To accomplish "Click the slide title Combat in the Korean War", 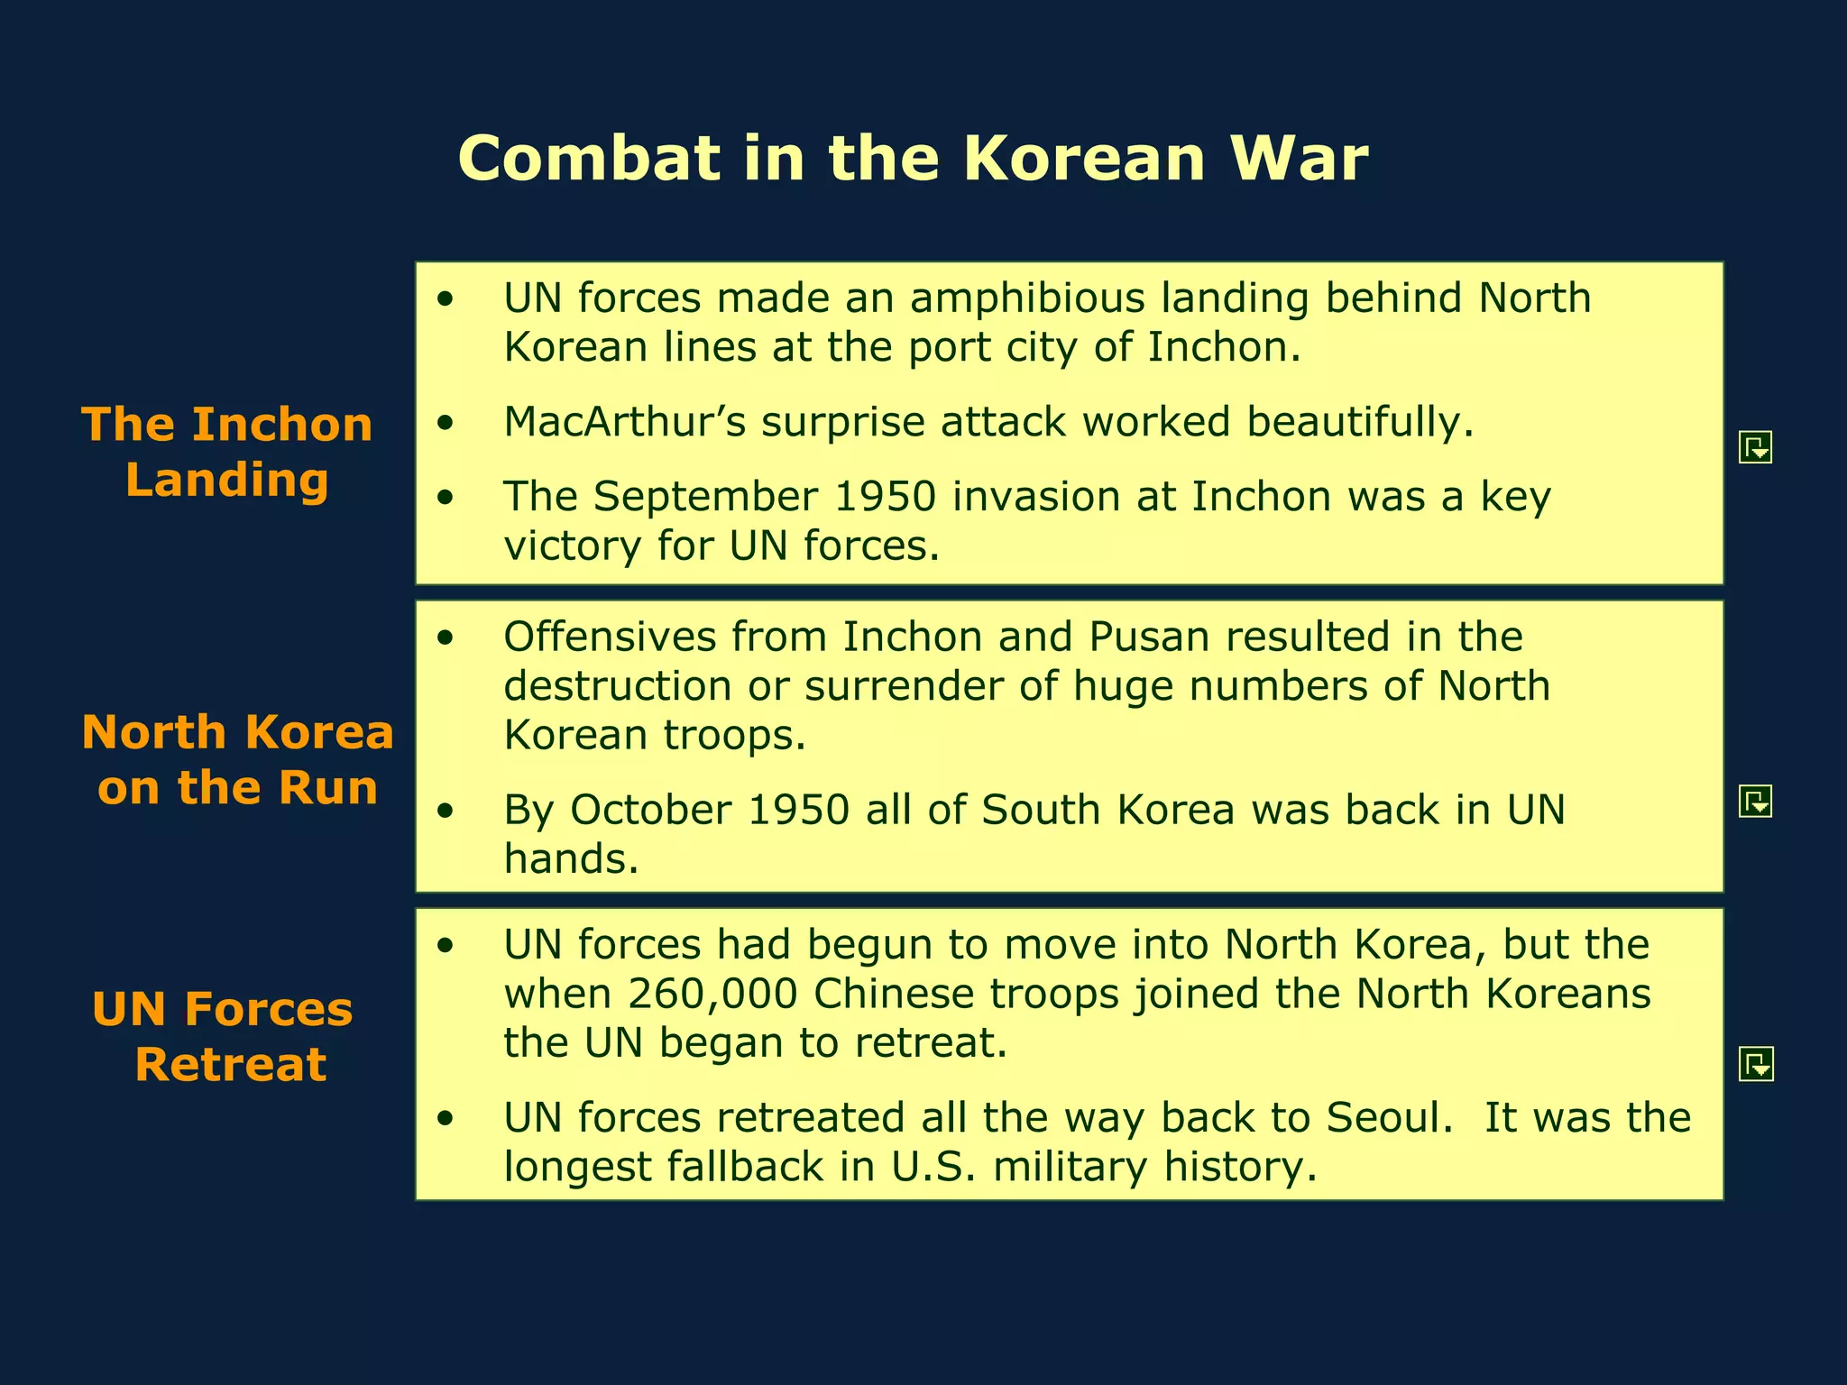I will point(913,159).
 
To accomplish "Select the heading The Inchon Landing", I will point(226,452).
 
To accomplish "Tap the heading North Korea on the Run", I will point(237,759).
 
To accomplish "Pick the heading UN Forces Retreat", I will point(223,1036).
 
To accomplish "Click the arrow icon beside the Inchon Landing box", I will point(1755,447).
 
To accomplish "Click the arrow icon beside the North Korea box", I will point(1755,801).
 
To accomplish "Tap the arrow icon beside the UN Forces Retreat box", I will point(1755,1065).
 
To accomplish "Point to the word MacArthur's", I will point(624,422).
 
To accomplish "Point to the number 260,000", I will point(712,994).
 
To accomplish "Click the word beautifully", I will point(1359,422).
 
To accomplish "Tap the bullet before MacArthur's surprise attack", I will point(445,423).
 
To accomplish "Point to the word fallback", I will point(745,1167).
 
